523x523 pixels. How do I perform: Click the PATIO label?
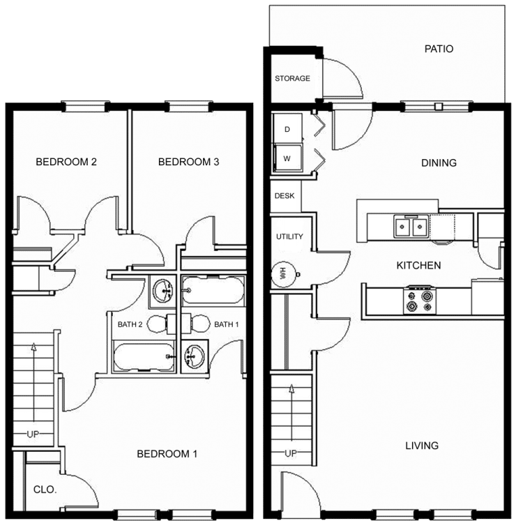pyautogui.click(x=439, y=49)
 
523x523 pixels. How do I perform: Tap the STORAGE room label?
pyautogui.click(x=292, y=78)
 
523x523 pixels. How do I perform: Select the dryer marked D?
pyautogui.click(x=287, y=129)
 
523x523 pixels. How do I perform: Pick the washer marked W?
pyautogui.click(x=287, y=158)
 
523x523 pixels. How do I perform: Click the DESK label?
pyautogui.click(x=285, y=196)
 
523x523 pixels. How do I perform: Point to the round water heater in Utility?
pyautogui.click(x=284, y=275)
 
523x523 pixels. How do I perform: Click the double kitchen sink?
pyautogui.click(x=411, y=227)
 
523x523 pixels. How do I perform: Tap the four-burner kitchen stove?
pyautogui.click(x=420, y=300)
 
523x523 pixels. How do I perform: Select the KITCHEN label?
pyautogui.click(x=418, y=266)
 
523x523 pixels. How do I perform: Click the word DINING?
pyautogui.click(x=439, y=162)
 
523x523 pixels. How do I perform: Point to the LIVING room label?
pyautogui.click(x=422, y=446)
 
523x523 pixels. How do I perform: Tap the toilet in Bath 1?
pyautogui.click(x=196, y=324)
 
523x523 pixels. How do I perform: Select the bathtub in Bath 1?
pyautogui.click(x=213, y=291)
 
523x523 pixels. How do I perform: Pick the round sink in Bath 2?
pyautogui.click(x=162, y=291)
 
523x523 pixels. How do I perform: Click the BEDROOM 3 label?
pyautogui.click(x=188, y=162)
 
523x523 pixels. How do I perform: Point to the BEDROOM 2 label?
pyautogui.click(x=66, y=162)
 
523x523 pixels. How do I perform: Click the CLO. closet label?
pyautogui.click(x=45, y=490)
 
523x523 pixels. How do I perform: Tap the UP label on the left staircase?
pyautogui.click(x=33, y=434)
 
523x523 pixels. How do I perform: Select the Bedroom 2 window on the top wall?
pyautogui.click(x=85, y=107)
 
